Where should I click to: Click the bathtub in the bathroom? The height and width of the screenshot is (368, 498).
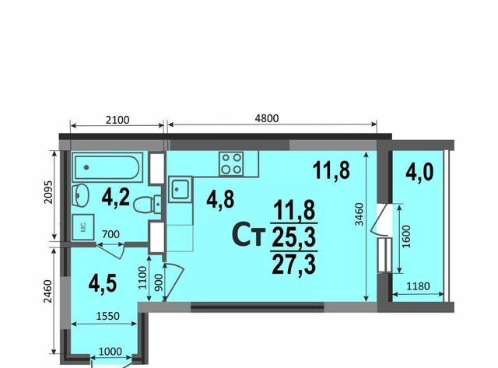tap(107, 167)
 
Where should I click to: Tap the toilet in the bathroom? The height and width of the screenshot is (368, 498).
tap(147, 205)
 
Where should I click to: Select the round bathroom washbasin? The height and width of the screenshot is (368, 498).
tap(79, 195)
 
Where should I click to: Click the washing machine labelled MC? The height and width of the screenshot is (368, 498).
tap(83, 227)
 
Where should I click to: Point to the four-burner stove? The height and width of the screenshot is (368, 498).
tap(231, 163)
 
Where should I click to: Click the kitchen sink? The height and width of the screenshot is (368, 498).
tap(181, 190)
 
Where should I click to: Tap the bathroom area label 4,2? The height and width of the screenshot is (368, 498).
tap(116, 197)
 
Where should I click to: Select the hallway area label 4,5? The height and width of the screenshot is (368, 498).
tap(103, 283)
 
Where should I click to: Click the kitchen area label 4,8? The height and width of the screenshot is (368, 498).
tap(220, 199)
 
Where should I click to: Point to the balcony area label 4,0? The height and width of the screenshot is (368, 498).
tap(419, 172)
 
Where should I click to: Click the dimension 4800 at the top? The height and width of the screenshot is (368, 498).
tap(267, 118)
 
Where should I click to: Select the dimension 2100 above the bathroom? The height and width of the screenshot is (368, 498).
tap(117, 120)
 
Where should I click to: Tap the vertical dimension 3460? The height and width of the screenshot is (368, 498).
tap(359, 214)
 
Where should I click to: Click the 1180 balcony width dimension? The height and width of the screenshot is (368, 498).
tap(418, 286)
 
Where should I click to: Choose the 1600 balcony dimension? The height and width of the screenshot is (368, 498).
tap(407, 237)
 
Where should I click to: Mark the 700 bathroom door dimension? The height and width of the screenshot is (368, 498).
tap(110, 234)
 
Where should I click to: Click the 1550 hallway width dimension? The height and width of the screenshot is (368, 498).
tap(107, 316)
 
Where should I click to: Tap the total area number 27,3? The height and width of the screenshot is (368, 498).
tap(294, 265)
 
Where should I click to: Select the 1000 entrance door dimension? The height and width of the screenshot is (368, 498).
tap(110, 352)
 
